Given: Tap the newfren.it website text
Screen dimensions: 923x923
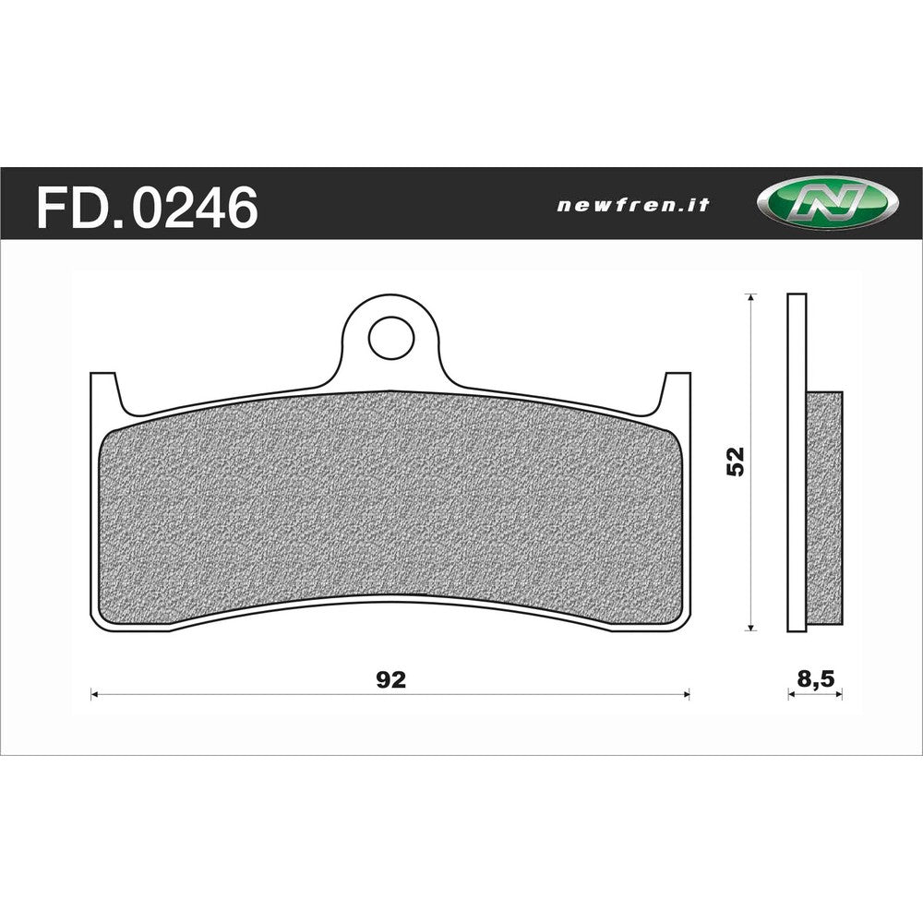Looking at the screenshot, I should tap(633, 206).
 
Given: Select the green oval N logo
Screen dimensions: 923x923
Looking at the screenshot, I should tap(827, 204).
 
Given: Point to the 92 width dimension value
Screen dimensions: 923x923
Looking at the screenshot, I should tap(391, 680).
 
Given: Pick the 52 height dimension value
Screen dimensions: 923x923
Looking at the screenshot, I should tap(736, 462).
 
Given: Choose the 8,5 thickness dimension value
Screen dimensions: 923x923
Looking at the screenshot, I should tap(815, 680).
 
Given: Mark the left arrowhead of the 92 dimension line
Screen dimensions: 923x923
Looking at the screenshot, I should tap(94, 694).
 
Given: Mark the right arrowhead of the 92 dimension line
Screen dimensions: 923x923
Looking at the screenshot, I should tap(686, 694).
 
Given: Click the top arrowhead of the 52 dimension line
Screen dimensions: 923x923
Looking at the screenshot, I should tap(752, 298).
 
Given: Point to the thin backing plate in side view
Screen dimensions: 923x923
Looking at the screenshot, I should tap(797, 461).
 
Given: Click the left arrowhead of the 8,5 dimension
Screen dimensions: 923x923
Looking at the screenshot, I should tap(791, 694).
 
